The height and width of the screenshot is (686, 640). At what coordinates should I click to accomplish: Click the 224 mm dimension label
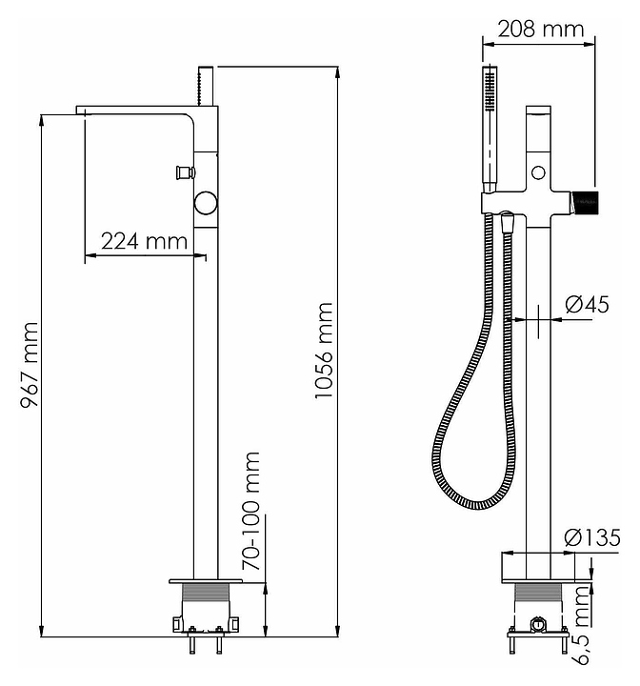coord(145,240)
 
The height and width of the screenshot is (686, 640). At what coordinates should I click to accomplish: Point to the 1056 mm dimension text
coord(325,351)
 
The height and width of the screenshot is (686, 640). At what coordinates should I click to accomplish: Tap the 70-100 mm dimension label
coord(251,511)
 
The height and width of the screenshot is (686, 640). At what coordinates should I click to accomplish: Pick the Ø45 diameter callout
coord(587,305)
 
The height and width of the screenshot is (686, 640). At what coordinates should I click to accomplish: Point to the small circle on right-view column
coord(539,172)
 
